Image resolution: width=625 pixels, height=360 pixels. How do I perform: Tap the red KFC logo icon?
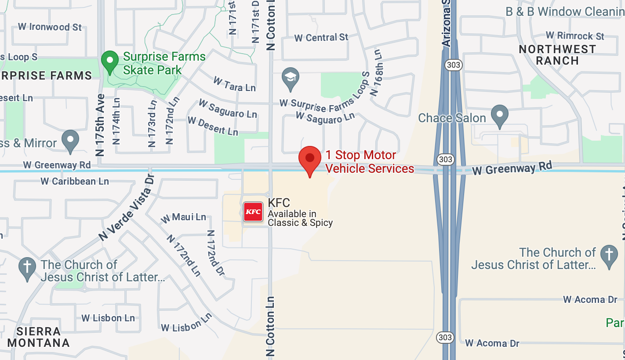pyautogui.click(x=253, y=212)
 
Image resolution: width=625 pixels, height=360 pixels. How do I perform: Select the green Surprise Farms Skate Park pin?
pyautogui.click(x=109, y=62)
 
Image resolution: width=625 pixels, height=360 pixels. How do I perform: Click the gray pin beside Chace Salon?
pyautogui.click(x=499, y=116)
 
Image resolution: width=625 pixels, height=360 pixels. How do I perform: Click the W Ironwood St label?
pyautogui.click(x=50, y=27)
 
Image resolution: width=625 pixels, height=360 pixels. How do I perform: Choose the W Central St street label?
pyautogui.click(x=321, y=38)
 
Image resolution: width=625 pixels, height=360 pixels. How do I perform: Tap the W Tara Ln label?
pyautogui.click(x=234, y=84)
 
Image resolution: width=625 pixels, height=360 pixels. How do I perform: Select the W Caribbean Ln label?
pyautogui.click(x=75, y=181)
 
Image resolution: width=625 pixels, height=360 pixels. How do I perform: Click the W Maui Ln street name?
pyautogui.click(x=183, y=217)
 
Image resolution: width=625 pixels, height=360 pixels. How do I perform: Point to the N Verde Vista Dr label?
pyautogui.click(x=127, y=208)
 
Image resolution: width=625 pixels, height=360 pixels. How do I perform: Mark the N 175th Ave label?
pyautogui.click(x=100, y=125)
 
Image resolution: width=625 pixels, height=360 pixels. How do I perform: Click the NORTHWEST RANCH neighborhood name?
pyautogui.click(x=557, y=55)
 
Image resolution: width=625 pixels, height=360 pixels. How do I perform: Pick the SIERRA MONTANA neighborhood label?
pyautogui.click(x=39, y=337)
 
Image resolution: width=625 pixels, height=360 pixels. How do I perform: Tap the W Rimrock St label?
pyautogui.click(x=575, y=35)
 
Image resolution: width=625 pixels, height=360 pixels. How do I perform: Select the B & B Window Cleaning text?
pyautogui.click(x=565, y=11)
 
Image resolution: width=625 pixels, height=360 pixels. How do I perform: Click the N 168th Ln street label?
pyautogui.click(x=375, y=73)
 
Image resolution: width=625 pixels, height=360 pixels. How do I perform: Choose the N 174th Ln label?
pyautogui.click(x=116, y=120)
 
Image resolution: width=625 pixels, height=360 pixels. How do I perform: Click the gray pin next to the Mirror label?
pyautogui.click(x=70, y=141)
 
